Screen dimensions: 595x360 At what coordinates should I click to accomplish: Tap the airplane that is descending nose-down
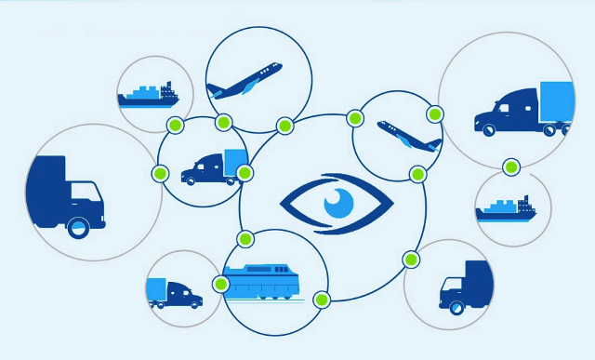tap(409, 136)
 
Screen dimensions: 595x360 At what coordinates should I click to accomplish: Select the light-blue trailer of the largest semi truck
tap(556, 103)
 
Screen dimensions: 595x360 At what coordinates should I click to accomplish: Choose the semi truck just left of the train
tap(174, 293)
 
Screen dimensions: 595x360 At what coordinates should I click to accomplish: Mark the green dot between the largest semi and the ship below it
tap(510, 167)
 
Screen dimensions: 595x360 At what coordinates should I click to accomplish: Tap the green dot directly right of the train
tap(322, 300)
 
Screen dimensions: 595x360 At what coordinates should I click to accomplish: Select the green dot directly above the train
tap(245, 239)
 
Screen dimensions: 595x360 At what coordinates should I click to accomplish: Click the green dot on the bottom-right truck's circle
tap(410, 259)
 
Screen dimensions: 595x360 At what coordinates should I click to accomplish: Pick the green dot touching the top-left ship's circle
tap(174, 126)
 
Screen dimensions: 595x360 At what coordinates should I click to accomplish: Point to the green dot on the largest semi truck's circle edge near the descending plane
tap(434, 113)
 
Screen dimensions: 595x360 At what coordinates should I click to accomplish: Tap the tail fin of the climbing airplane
tap(214, 89)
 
